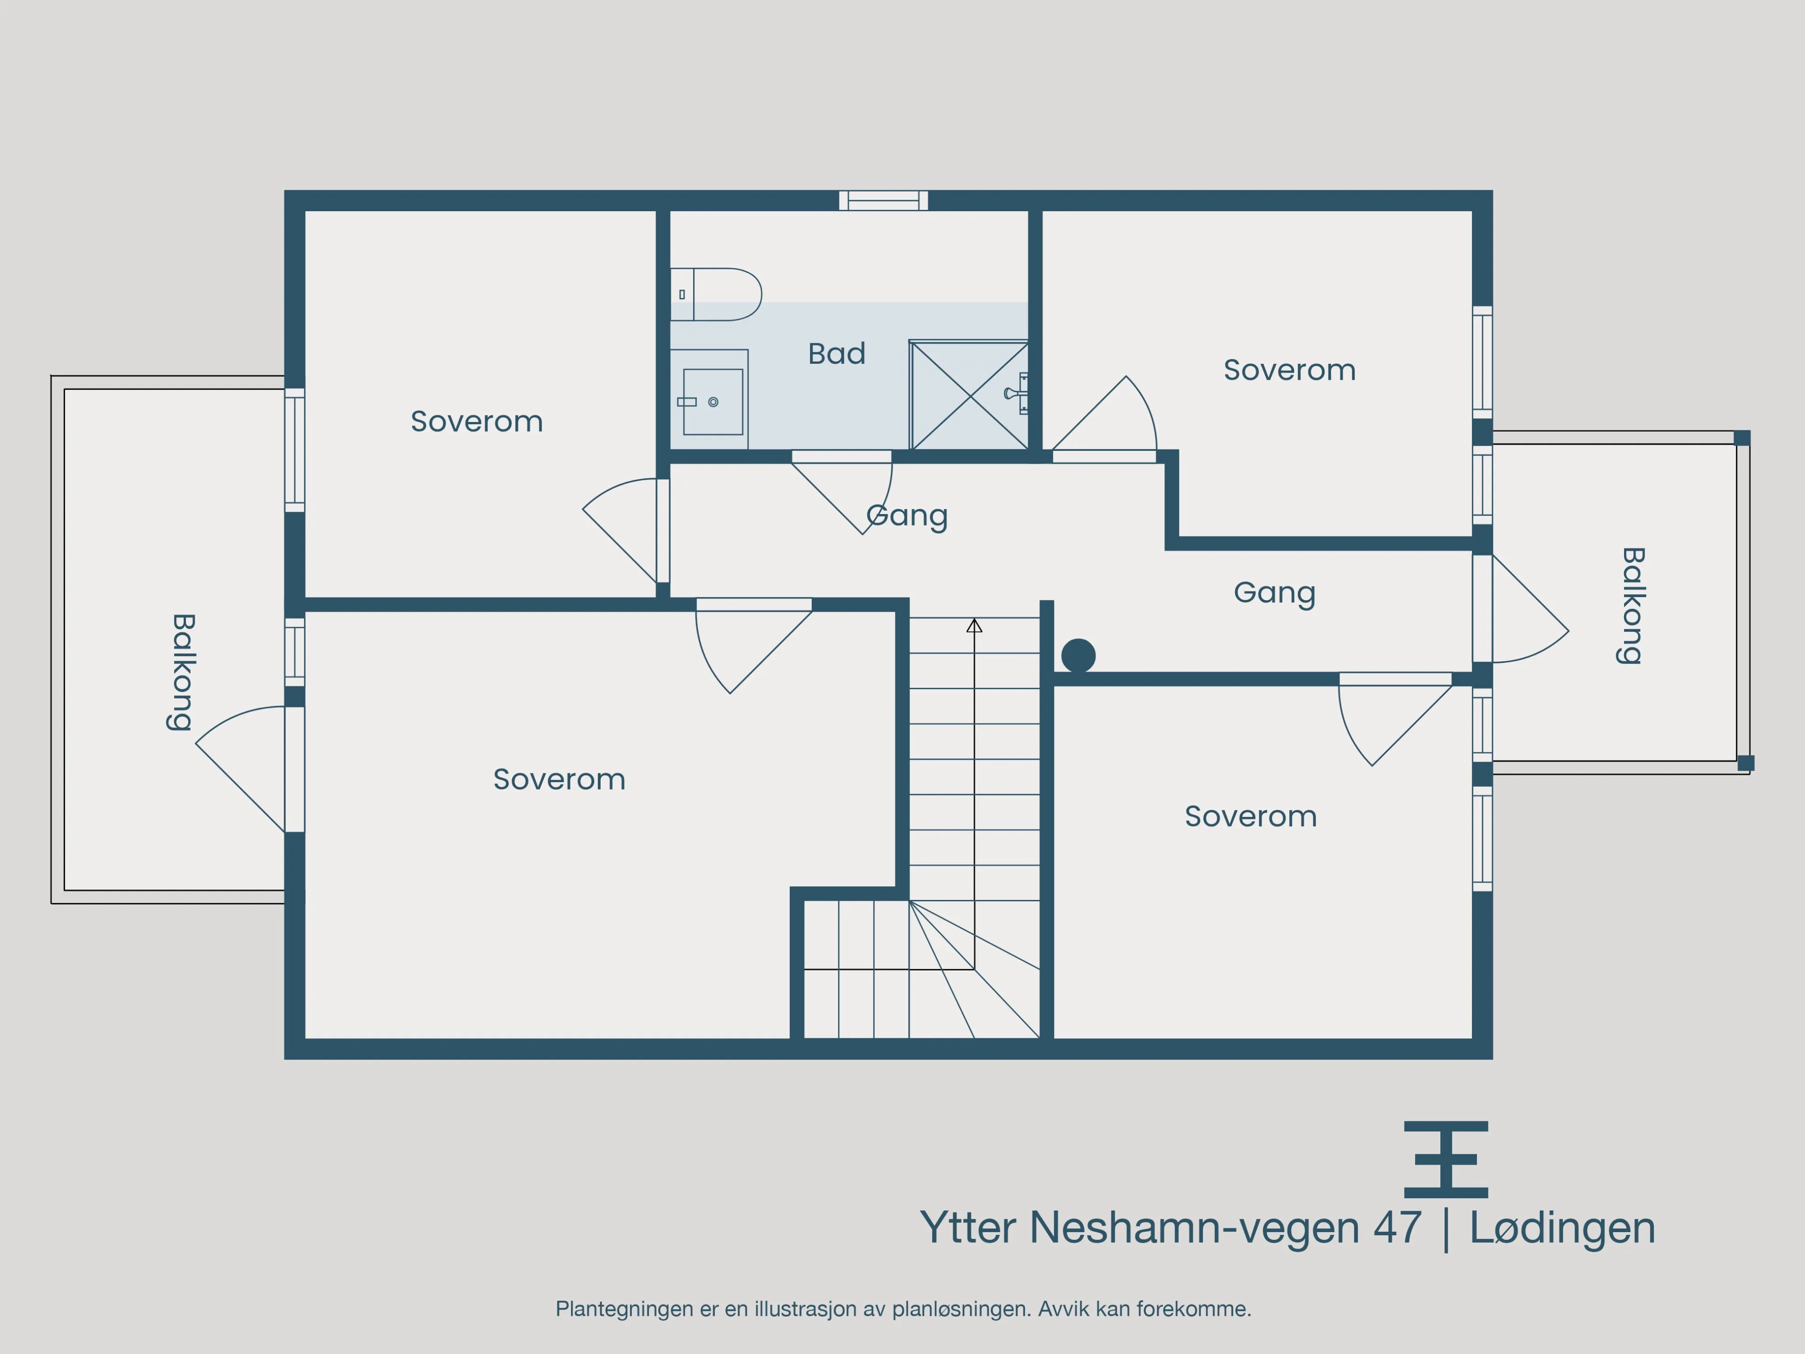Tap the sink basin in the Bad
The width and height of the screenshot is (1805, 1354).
tap(712, 401)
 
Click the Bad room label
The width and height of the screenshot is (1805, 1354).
tap(837, 353)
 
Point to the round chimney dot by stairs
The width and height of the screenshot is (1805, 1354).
tap(1078, 655)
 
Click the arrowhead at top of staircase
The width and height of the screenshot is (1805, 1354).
tap(974, 626)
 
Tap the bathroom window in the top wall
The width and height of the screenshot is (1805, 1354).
tap(884, 200)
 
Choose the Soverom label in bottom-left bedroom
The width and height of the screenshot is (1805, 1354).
tap(559, 779)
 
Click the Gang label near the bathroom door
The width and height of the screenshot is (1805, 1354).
tap(907, 516)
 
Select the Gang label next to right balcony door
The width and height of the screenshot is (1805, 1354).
tap(1274, 592)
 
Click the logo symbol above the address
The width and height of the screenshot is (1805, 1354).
tap(1446, 1159)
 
